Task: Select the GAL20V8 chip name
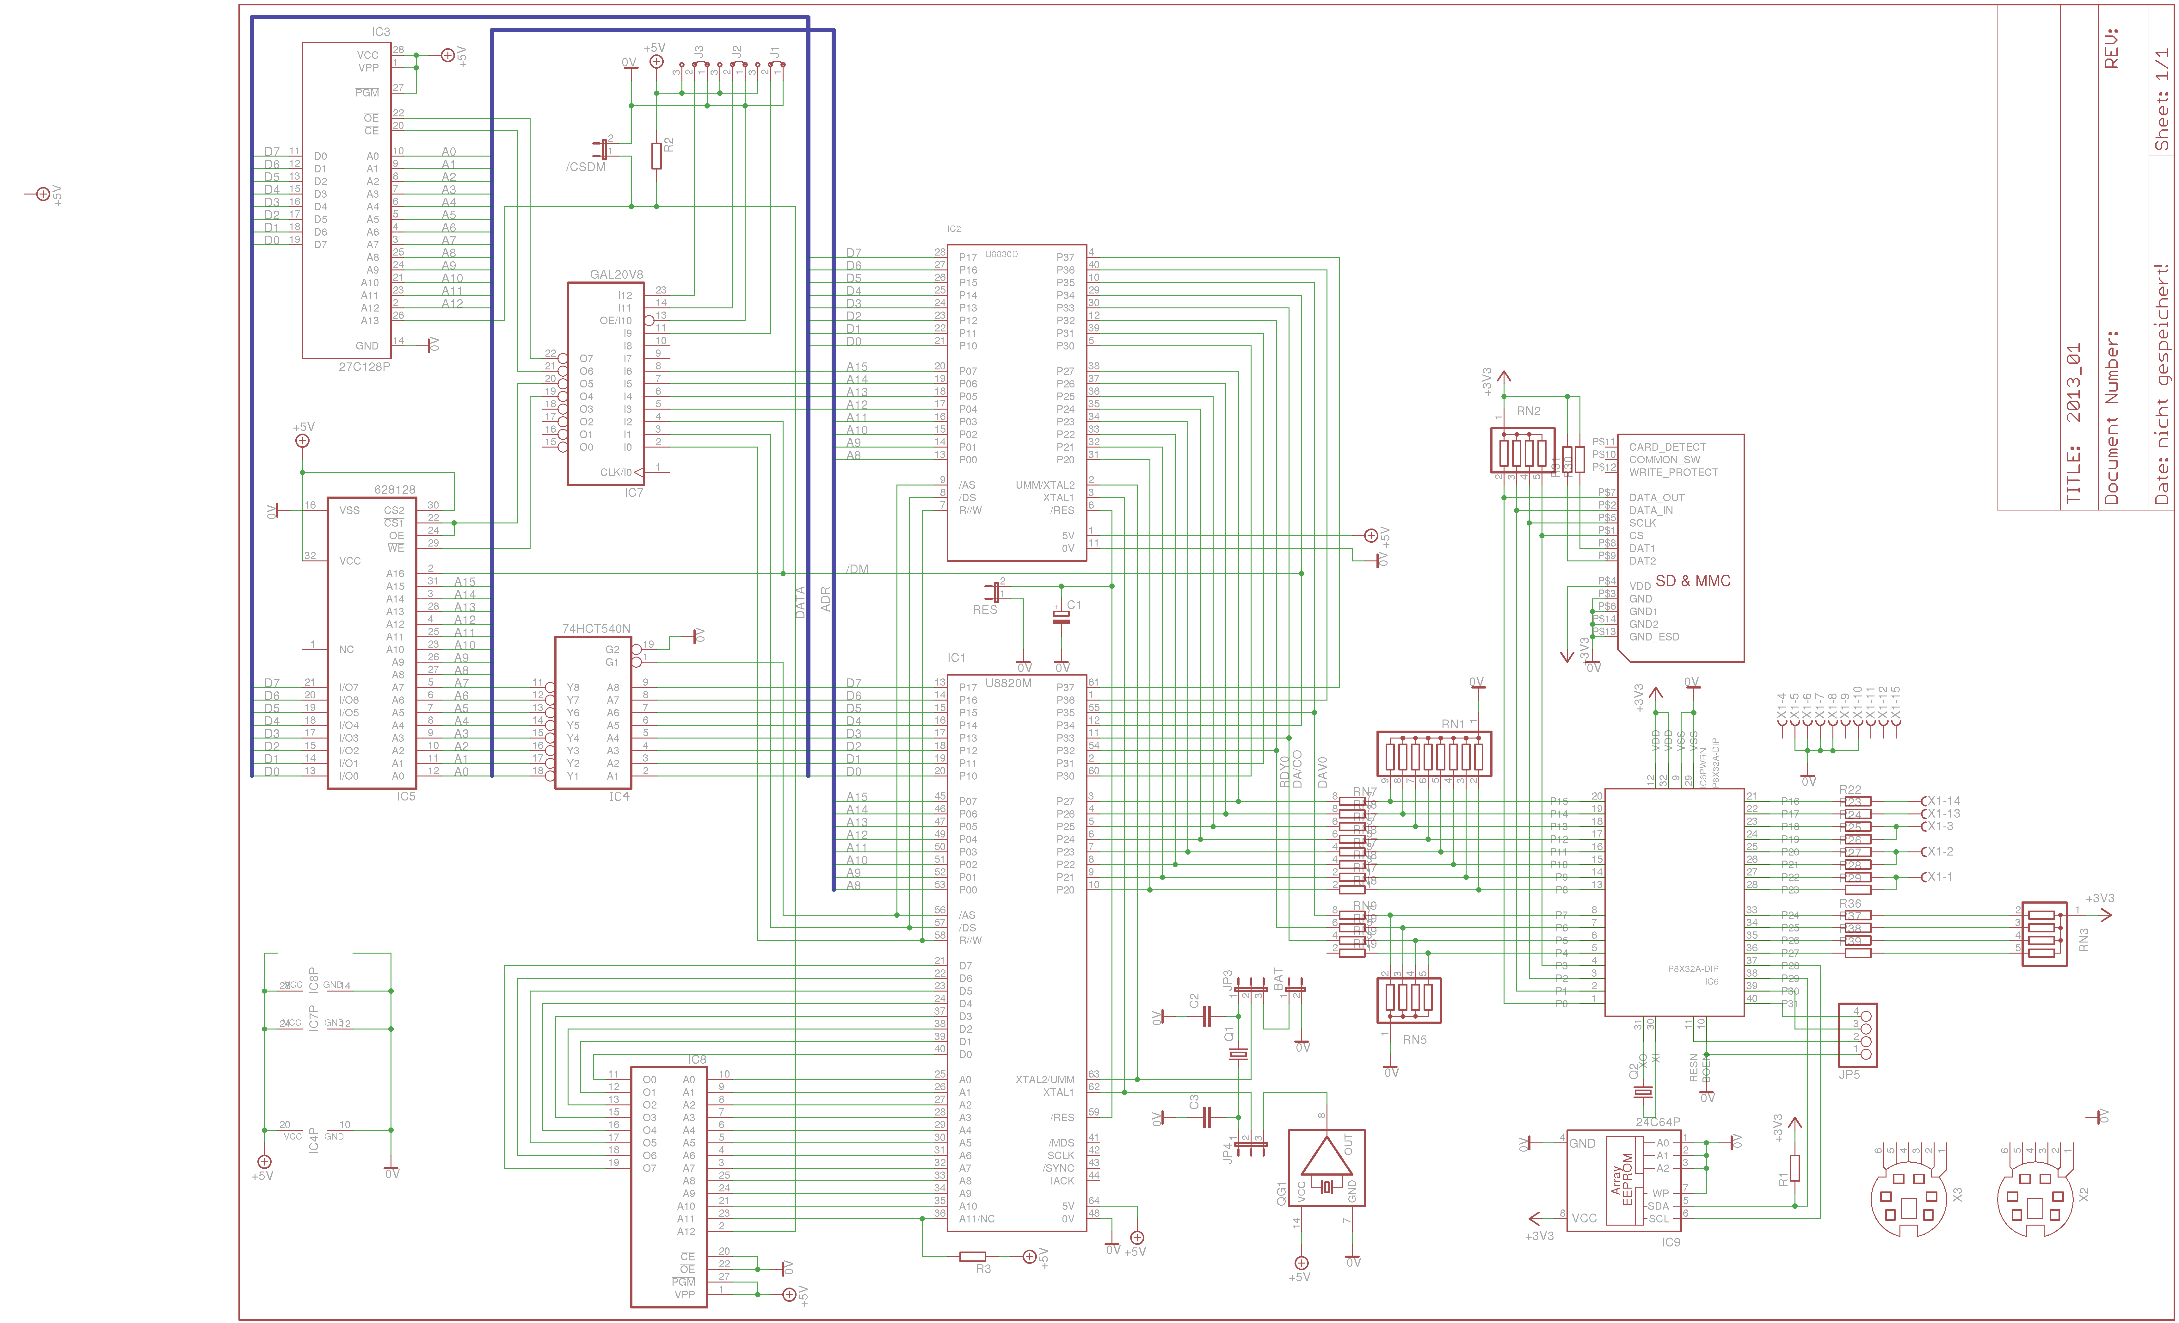[616, 274]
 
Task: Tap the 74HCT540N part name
[596, 629]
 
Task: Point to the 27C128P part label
[363, 366]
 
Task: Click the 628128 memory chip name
[394, 489]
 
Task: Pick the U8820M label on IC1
[1008, 683]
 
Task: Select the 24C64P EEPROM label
[1657, 1121]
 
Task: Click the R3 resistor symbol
[973, 1256]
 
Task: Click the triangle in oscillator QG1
[1326, 1159]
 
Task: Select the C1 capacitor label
[1074, 605]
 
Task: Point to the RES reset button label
[984, 609]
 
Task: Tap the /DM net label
[857, 569]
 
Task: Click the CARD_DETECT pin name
[1667, 447]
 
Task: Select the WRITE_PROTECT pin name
[1673, 472]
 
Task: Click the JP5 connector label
[1849, 1074]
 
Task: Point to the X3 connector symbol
[1907, 1198]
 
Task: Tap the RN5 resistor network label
[1414, 1039]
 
